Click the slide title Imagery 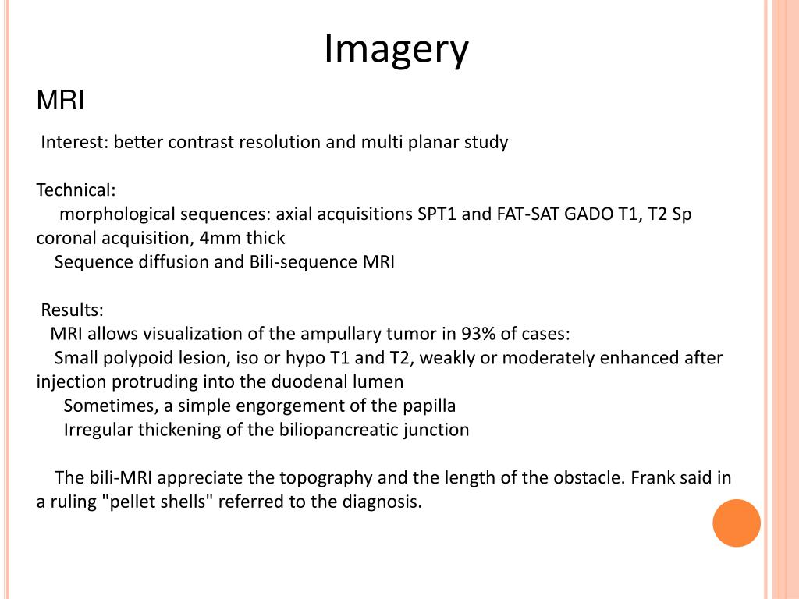pyautogui.click(x=396, y=49)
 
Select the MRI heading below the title pyautogui.click(x=61, y=101)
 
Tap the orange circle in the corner pyautogui.click(x=736, y=523)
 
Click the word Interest pyautogui.click(x=74, y=142)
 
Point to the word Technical pyautogui.click(x=76, y=190)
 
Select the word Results pyautogui.click(x=72, y=310)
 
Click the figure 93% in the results pyautogui.click(x=479, y=334)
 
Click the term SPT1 pyautogui.click(x=437, y=214)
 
